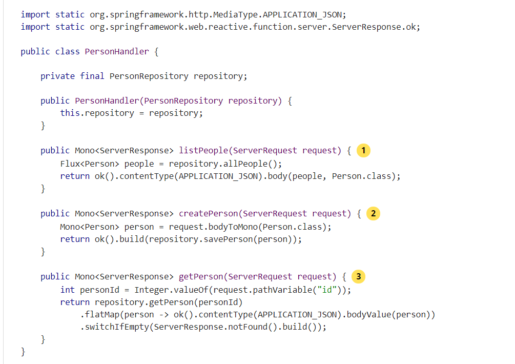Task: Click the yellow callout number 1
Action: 363,151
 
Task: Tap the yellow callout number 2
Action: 373,214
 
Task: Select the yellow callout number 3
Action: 358,277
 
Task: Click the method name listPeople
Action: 203,151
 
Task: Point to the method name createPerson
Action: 208,214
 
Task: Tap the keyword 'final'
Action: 92,76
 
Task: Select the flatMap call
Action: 102,315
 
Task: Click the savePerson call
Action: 242,239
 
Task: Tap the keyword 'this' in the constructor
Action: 70,113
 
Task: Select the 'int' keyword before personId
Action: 68,290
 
